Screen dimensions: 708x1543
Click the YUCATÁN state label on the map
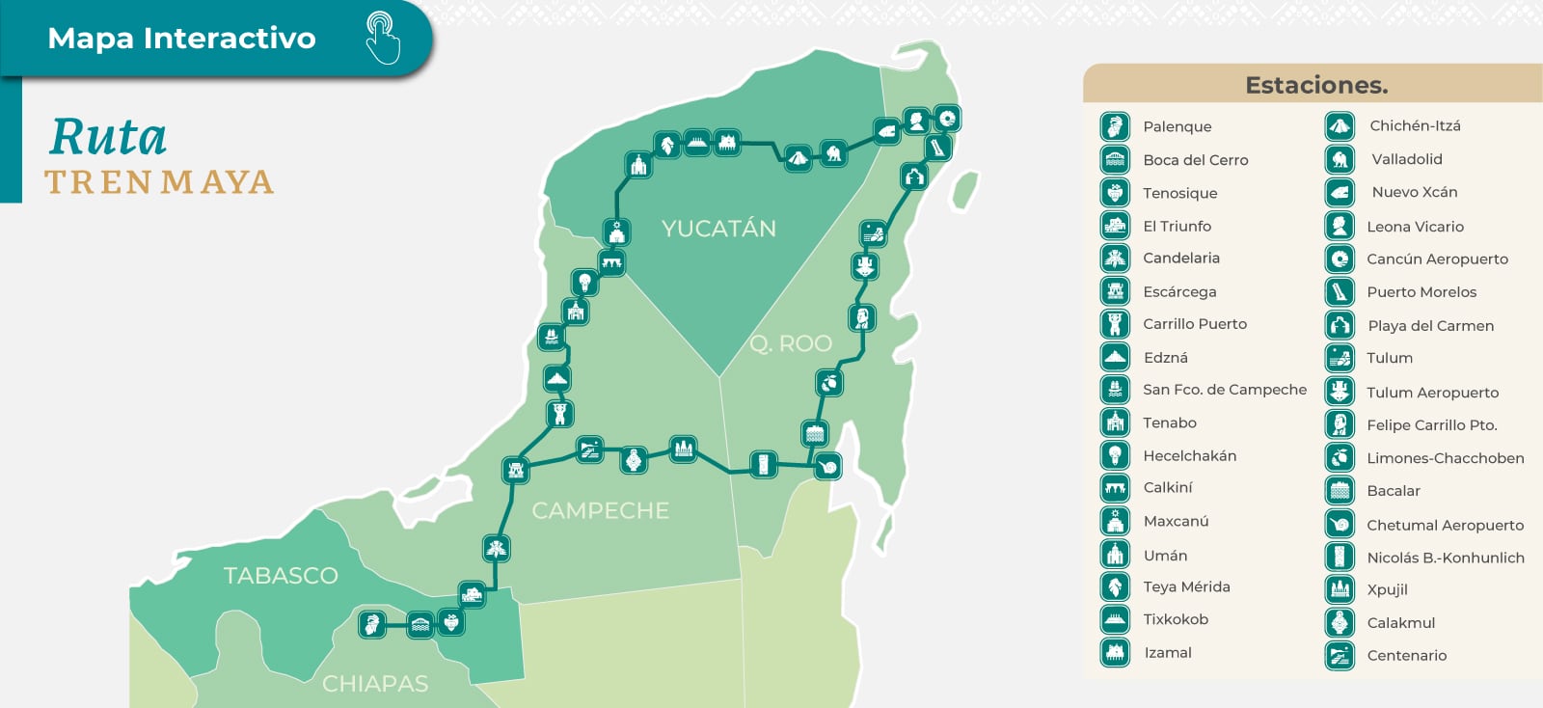(x=718, y=229)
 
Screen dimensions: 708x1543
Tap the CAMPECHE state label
(x=600, y=510)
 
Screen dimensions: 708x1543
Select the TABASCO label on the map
(x=281, y=576)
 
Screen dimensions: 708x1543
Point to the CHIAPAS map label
(x=375, y=684)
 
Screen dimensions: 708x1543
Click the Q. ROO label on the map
(x=791, y=343)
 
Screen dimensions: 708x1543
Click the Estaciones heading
(x=1316, y=85)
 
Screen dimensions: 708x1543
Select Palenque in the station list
(x=1177, y=126)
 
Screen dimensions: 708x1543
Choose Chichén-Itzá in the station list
(x=1415, y=125)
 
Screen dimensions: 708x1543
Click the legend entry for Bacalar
(x=1393, y=491)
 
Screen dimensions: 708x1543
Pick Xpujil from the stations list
(x=1387, y=589)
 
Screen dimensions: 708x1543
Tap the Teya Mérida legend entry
(x=1186, y=586)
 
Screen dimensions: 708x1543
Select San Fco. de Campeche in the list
(x=1224, y=390)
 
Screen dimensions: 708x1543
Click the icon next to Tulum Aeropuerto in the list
(x=1340, y=391)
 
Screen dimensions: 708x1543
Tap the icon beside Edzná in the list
(x=1115, y=357)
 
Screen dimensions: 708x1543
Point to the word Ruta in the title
(x=108, y=137)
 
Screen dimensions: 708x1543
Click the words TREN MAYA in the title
(x=159, y=182)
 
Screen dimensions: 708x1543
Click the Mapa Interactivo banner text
(x=181, y=38)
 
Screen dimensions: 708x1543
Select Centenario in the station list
(x=1406, y=656)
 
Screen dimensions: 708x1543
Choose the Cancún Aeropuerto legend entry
(x=1437, y=259)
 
